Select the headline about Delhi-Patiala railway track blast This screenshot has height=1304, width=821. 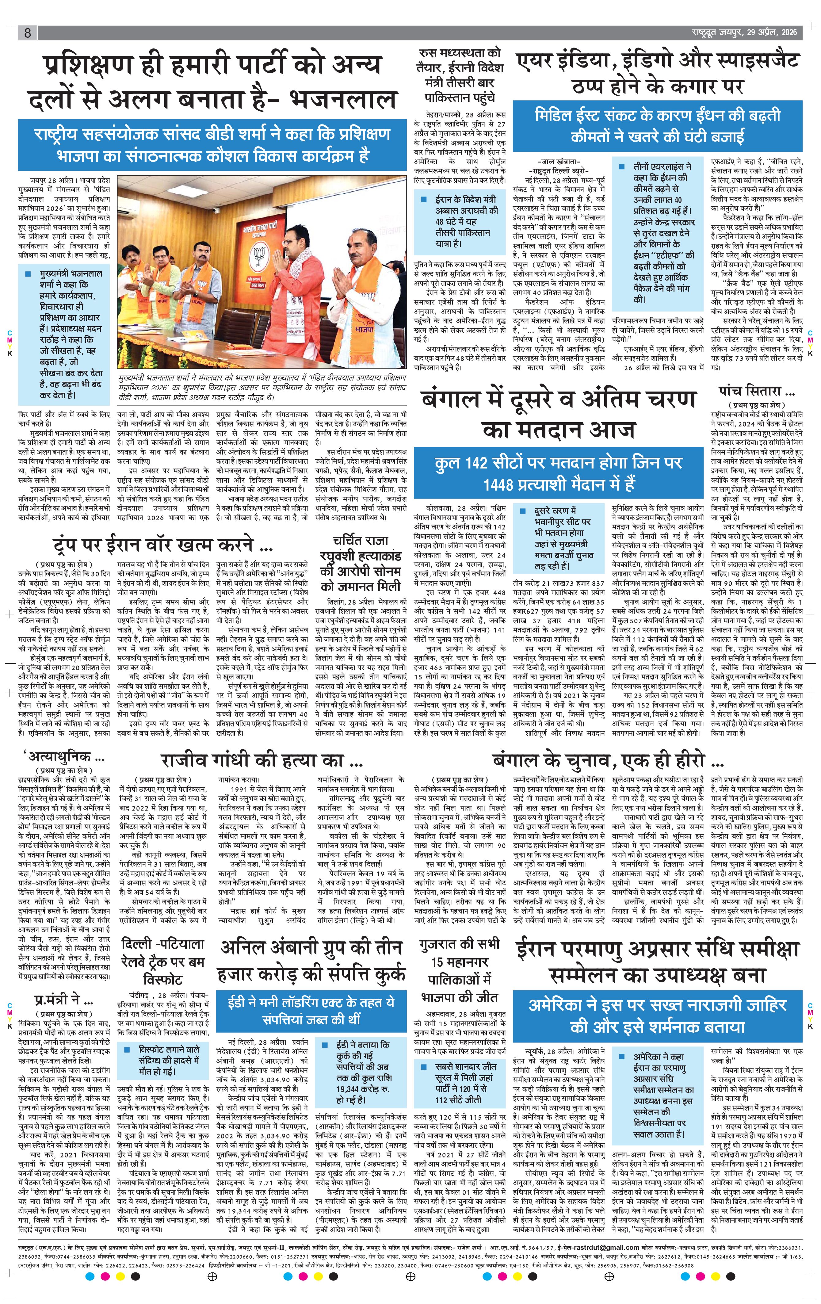tap(162, 961)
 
